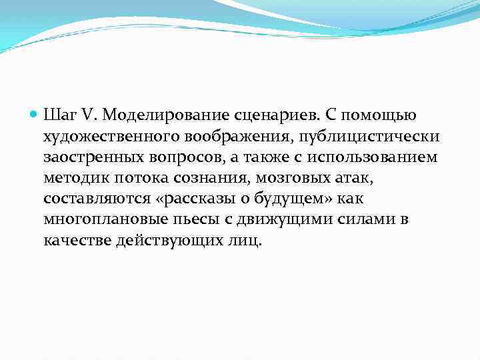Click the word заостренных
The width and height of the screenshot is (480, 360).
(x=92, y=157)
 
